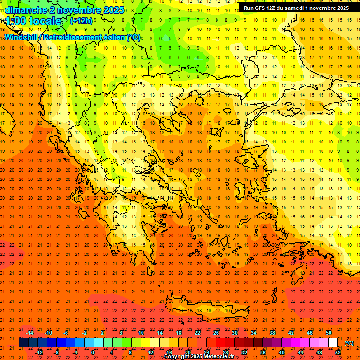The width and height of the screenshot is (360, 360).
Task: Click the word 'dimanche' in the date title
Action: coord(25,10)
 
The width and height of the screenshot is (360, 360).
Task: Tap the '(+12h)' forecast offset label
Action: coord(81,21)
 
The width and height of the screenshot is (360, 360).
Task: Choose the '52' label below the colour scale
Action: coord(338,352)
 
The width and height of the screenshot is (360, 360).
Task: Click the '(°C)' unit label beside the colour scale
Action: coord(349,343)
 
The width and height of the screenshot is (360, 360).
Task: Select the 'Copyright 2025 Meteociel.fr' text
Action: coord(199,357)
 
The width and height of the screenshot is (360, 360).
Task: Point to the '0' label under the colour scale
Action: coord(93,352)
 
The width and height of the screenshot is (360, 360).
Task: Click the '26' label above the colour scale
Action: coord(216,333)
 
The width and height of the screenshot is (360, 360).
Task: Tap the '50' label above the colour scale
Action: coord(329,333)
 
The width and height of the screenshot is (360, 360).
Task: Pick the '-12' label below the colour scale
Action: coord(39,352)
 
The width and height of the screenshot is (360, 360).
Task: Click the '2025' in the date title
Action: coord(113,10)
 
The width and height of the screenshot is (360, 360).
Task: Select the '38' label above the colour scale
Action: coord(272,333)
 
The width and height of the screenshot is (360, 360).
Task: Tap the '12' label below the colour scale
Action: coord(150,352)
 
